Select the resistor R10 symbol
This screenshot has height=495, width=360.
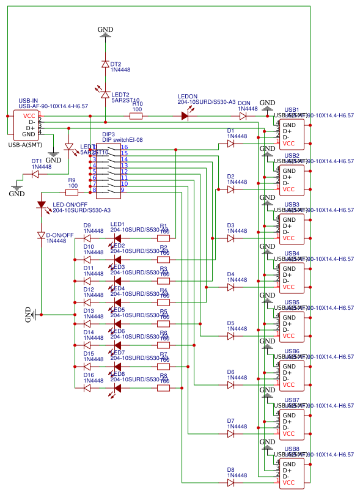[x=137, y=116]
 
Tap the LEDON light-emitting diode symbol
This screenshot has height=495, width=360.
[x=186, y=116]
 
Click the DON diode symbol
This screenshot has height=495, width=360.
[x=243, y=116]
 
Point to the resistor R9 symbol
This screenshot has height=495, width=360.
[x=72, y=192]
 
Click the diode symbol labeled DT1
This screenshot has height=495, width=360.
[x=35, y=174]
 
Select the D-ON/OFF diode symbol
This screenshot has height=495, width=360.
[x=42, y=235]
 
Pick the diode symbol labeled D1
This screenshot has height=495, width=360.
[x=230, y=144]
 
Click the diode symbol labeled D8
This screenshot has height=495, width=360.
[x=230, y=483]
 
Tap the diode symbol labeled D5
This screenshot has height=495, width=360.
[x=230, y=336]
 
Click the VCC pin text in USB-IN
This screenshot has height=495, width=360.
[x=29, y=116]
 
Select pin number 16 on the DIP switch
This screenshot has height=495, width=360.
[x=124, y=147]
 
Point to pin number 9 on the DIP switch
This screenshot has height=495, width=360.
[x=123, y=190]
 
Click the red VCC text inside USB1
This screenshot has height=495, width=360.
[x=289, y=143]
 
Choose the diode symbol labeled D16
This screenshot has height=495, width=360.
[x=87, y=387]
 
